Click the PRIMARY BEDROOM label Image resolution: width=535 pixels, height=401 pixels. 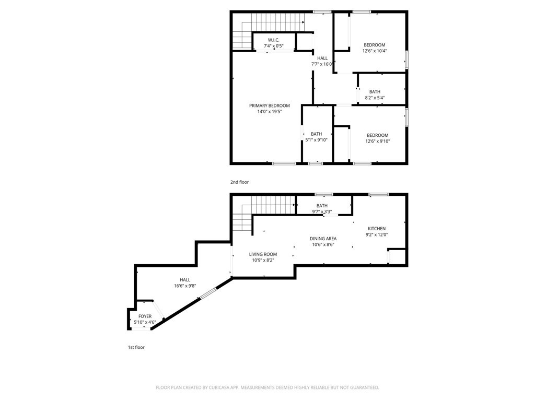click(x=269, y=105)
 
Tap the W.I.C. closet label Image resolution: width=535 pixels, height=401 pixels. click(x=274, y=40)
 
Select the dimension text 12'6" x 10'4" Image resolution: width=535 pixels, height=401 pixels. click(x=374, y=51)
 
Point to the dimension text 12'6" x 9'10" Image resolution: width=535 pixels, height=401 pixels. click(x=377, y=141)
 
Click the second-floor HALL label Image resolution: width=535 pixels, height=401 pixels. click(x=322, y=58)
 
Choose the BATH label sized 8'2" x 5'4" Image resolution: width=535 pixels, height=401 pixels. click(x=375, y=91)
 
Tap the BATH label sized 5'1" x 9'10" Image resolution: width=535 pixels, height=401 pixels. click(x=316, y=134)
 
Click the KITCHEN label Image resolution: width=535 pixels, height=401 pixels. click(x=376, y=229)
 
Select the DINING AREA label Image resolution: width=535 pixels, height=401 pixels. click(x=323, y=239)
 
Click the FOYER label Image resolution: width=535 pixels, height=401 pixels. click(x=145, y=316)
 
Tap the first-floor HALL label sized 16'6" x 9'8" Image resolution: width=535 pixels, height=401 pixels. click(x=185, y=280)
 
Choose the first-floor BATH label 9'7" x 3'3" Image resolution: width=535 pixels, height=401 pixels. click(x=322, y=206)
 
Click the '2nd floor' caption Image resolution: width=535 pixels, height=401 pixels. click(x=239, y=182)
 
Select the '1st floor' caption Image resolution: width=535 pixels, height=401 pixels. click(x=136, y=347)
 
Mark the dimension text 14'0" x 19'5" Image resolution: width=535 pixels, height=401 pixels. click(x=269, y=112)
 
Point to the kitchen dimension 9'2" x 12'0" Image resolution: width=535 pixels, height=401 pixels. click(x=376, y=235)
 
